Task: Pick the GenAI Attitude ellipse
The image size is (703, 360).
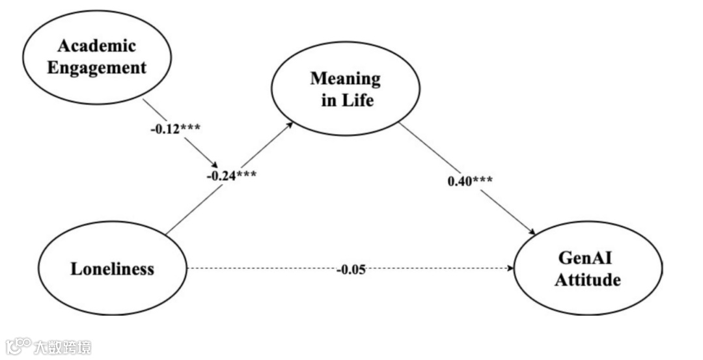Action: coord(589,268)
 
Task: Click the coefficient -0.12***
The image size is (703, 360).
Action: coord(174,128)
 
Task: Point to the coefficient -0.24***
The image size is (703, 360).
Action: coord(231,175)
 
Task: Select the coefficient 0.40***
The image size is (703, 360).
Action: coord(470,180)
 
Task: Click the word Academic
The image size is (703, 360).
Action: coord(96,46)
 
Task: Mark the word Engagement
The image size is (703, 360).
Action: coord(97,66)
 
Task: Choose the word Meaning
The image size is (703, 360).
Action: coord(345,79)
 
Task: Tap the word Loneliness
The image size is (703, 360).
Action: coord(112,268)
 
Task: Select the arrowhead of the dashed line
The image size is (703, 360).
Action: coord(510,268)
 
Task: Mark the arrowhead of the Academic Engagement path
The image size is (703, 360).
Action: coord(214,165)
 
